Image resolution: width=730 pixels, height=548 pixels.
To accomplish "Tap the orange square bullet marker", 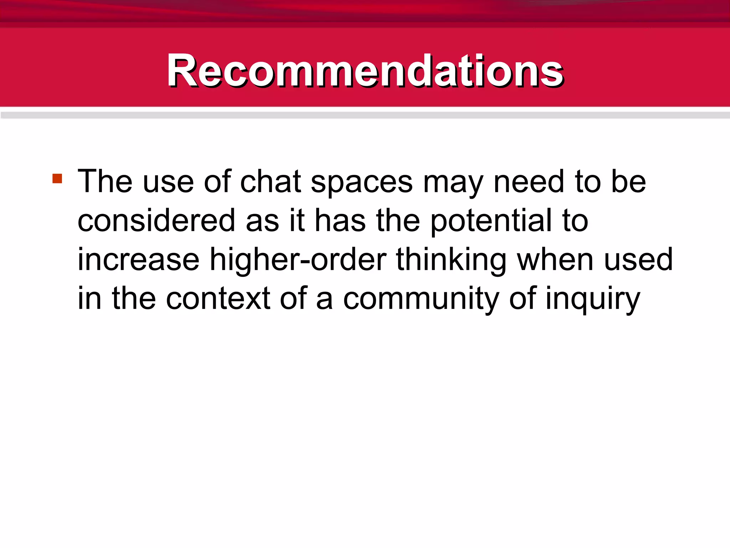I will (x=57, y=178).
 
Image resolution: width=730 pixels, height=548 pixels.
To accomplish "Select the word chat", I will (x=271, y=182).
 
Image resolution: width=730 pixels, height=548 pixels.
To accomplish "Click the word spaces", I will (x=361, y=184).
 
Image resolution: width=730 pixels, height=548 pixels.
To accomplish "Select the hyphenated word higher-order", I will (x=298, y=261).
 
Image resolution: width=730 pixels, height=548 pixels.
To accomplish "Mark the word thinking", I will (x=451, y=261).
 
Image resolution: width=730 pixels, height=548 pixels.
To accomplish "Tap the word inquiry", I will (x=593, y=300).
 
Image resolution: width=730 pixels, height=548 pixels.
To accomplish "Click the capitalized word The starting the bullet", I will (x=105, y=182).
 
